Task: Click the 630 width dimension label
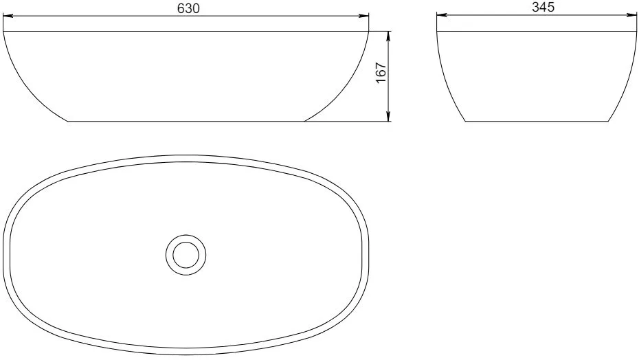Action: pos(188,8)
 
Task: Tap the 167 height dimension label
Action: pos(381,73)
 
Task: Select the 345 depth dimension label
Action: pos(543,7)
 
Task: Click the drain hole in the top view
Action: pos(186,255)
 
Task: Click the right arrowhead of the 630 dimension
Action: pos(363,16)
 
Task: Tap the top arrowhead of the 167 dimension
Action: pos(388,36)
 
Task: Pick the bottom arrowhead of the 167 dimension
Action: pos(388,116)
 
